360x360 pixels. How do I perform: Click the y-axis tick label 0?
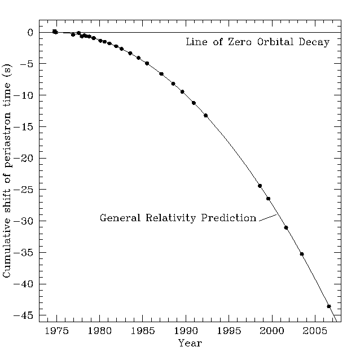point(31,33)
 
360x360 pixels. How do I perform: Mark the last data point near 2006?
point(329,306)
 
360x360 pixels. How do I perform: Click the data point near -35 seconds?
point(302,254)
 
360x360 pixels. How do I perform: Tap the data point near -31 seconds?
point(286,227)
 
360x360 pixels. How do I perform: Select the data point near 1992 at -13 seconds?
point(205,115)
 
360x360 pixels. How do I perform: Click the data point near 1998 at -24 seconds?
point(260,186)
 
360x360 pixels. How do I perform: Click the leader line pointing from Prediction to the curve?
point(267,217)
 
